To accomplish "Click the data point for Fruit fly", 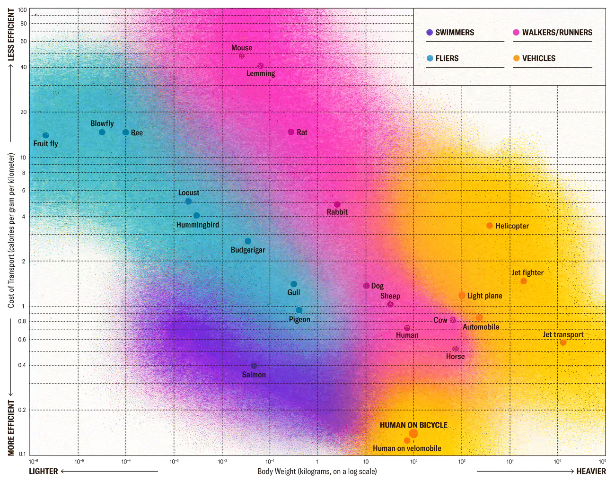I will (45, 135).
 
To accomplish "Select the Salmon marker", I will (254, 366).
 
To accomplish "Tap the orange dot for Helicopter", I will (490, 226).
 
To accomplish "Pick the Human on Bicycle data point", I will (413, 434).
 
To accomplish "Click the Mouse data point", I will (242, 55).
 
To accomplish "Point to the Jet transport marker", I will (563, 342).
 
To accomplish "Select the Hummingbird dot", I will (196, 216).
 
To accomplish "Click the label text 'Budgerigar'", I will (248, 250).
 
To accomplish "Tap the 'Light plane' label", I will (484, 296).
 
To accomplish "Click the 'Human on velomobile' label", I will (407, 448).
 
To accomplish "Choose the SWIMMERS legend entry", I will (454, 33).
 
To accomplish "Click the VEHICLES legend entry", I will (538, 59).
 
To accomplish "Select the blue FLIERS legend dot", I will (430, 59).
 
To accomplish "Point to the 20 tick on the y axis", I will (23, 112).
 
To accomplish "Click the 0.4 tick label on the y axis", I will (22, 365).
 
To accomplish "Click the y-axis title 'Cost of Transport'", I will (11, 230).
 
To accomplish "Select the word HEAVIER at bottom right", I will (591, 471).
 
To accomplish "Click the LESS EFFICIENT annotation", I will (11, 35).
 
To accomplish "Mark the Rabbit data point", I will (337, 204).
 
